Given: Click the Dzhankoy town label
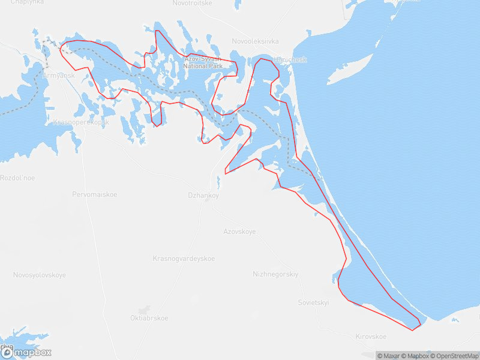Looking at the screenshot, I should coord(203,196).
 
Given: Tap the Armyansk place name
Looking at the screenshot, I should coord(59,76).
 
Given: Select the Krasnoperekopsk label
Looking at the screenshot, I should coord(81,122).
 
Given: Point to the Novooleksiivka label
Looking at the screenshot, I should coord(256,41).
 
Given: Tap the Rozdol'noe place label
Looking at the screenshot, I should coord(17,178).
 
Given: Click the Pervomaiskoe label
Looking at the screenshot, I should coord(95,194).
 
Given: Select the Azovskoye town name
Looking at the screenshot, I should coord(239,231).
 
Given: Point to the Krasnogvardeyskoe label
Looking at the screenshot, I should coord(184,259).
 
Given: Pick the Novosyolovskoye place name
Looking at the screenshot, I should coord(40,275).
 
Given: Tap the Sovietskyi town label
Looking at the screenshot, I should coord(314,302).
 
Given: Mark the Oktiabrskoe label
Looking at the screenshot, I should coord(149,318).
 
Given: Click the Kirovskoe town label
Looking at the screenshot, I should coord(371,337).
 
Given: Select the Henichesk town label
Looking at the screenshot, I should coord(290,60).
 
